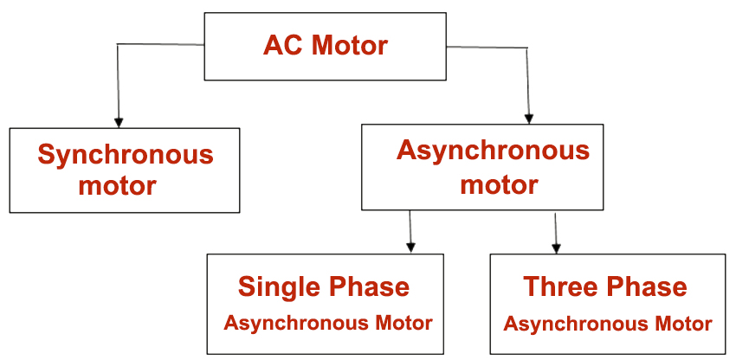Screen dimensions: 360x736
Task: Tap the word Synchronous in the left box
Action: pos(125,156)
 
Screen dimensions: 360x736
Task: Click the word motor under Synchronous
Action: pos(117,185)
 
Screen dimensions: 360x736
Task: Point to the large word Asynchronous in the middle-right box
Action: pos(493,151)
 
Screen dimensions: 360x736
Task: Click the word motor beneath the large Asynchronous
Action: pos(499,184)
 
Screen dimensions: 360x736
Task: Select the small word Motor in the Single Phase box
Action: pos(403,324)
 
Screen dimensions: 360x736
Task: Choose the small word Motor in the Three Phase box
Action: pos(683,325)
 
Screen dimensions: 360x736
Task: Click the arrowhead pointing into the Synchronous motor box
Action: pos(119,121)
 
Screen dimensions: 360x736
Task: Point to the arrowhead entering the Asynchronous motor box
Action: pos(528,118)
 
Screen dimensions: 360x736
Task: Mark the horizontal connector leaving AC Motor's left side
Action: pos(160,43)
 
